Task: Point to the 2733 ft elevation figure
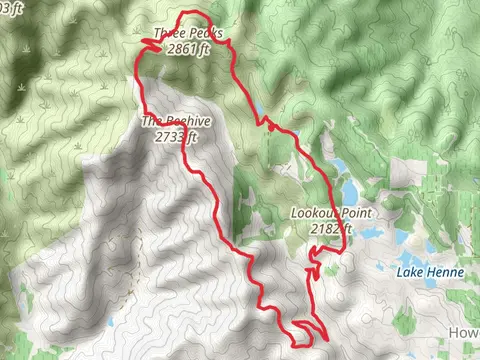[174, 138]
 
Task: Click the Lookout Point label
[322, 213]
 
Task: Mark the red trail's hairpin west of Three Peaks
[146, 42]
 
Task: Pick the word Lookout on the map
[310, 213]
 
